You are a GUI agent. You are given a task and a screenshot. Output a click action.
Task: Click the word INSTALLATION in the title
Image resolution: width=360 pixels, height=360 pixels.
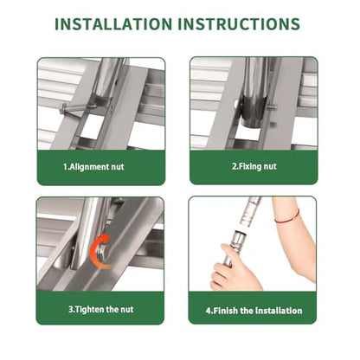(x=113, y=24)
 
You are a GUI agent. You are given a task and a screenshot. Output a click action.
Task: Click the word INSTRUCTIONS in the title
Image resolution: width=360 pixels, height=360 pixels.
(x=239, y=24)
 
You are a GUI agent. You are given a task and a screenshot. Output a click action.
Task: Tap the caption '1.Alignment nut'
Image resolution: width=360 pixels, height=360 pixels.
(x=93, y=167)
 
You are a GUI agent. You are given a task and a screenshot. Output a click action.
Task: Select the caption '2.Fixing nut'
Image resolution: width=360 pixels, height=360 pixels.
(x=254, y=166)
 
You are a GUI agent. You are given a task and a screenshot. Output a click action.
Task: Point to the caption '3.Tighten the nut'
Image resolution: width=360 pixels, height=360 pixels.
(x=101, y=310)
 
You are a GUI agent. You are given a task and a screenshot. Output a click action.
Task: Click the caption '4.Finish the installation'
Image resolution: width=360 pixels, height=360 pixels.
(x=254, y=311)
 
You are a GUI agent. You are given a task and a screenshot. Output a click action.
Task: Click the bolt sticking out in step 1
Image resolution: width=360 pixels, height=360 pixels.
(x=78, y=108)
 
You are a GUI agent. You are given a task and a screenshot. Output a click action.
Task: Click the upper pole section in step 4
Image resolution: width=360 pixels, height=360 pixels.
(x=250, y=211)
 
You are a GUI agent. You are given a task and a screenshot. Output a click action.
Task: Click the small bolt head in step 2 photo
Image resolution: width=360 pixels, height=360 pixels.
(x=273, y=107)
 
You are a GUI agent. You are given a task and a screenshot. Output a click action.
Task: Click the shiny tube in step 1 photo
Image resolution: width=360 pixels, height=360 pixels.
(x=107, y=76)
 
